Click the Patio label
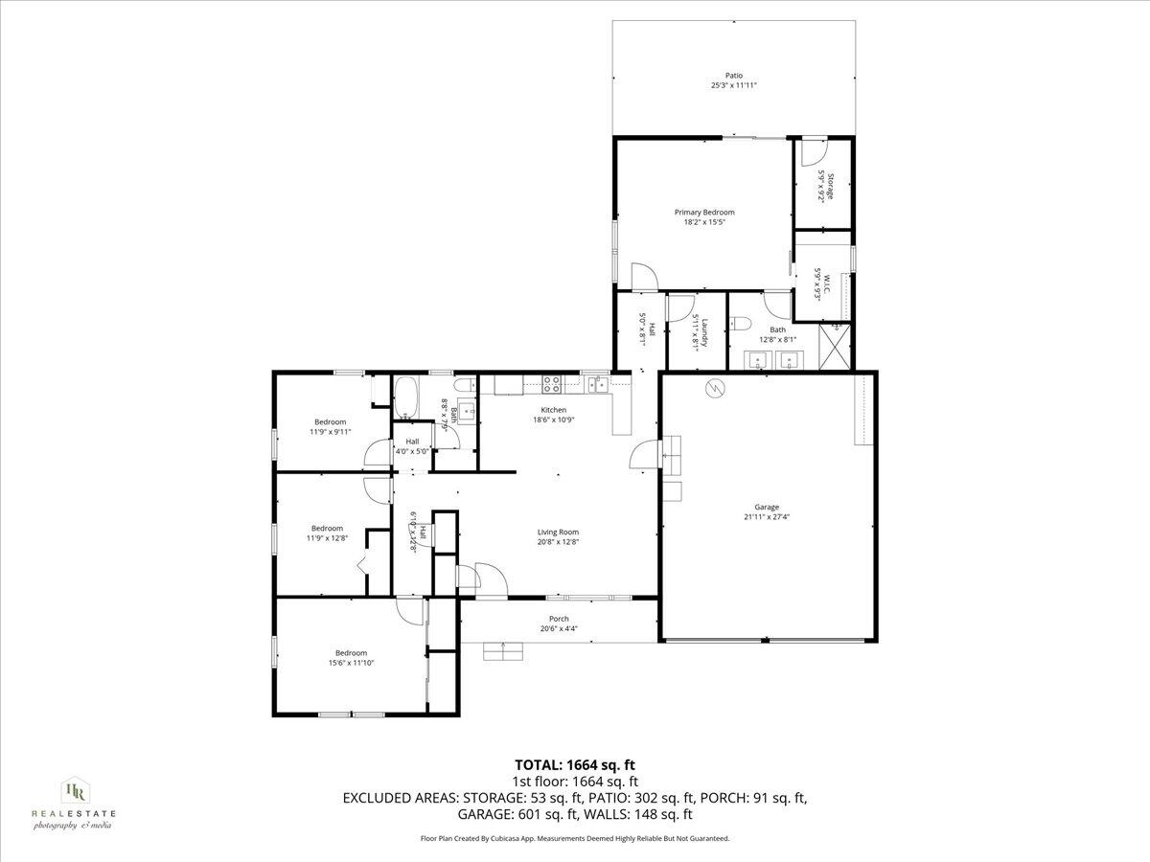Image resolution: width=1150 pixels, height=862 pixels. [x=733, y=76]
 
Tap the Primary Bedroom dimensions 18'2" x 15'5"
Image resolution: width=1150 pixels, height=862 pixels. [x=704, y=222]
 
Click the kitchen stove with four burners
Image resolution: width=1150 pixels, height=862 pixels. [x=553, y=385]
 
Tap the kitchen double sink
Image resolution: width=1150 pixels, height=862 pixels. [x=598, y=385]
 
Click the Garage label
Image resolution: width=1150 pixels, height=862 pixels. [x=766, y=508]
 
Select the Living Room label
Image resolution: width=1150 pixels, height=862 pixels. [x=557, y=532]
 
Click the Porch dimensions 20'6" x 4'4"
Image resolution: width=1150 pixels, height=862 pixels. [x=558, y=629]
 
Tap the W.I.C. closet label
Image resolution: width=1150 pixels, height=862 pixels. [x=820, y=284]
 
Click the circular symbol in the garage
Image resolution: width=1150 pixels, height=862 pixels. [x=715, y=388]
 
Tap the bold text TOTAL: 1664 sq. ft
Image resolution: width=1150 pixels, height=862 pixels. [x=575, y=764]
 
